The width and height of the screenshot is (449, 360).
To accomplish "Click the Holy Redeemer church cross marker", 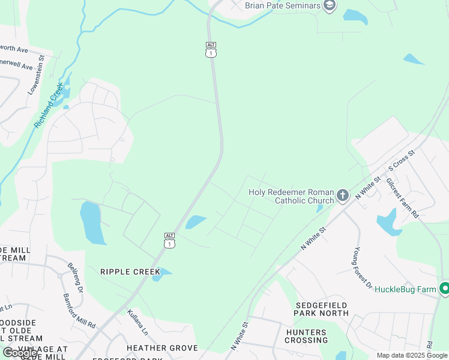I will tap(342, 195).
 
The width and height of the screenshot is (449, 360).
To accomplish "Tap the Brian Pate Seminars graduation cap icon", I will tap(329, 6).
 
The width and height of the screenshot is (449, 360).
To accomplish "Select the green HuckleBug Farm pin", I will tap(444, 289).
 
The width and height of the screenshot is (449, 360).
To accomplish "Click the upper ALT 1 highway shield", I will tap(211, 50).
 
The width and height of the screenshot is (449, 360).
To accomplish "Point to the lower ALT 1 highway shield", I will tap(170, 240).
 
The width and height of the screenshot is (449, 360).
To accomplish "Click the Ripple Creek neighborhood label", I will tap(130, 272).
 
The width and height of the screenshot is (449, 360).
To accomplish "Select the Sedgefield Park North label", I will tap(321, 308).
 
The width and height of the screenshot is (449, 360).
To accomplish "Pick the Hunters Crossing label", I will tap(306, 336).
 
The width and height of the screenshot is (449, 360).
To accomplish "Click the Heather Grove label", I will tap(162, 348).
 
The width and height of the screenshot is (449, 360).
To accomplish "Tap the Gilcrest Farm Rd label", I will tap(402, 197).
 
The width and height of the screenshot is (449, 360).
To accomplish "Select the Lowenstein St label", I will tap(37, 75).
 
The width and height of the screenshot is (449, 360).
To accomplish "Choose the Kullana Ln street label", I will tap(137, 322).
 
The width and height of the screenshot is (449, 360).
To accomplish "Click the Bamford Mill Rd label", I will tap(80, 310).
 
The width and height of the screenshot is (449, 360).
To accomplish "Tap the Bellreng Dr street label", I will tap(75, 275).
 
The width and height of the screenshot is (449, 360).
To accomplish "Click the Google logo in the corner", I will tap(20, 353).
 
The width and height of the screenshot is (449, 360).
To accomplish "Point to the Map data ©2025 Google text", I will tap(412, 355).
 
